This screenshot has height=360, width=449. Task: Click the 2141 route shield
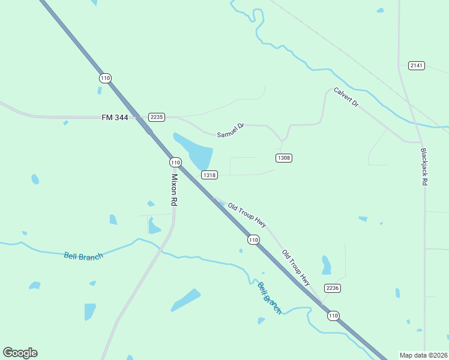pos(416,65)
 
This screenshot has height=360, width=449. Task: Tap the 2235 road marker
pos(157,117)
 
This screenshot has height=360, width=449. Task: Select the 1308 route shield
pos(284,158)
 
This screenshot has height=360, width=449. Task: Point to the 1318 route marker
pos(209,175)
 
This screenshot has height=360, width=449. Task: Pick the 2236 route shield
pos(333,288)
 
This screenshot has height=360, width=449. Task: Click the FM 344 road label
pos(115,118)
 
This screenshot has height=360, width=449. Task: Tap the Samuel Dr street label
pos(231,131)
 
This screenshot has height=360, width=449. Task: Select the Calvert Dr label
pos(346,98)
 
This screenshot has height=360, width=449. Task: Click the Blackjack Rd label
pos(424,166)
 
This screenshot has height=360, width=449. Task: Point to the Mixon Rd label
pos(174,191)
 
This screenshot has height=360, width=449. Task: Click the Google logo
pos(20,353)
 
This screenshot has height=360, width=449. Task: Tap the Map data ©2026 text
pos(423,355)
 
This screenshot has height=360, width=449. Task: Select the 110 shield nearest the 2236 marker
pos(333,315)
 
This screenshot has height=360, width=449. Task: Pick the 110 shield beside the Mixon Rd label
pos(175,163)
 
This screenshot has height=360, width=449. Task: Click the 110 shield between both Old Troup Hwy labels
pos(253,239)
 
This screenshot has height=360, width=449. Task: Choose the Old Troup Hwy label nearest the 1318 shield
pos(247,215)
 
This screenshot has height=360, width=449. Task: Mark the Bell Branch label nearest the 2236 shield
pos(270,298)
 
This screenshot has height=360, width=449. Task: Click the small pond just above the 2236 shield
pos(326,265)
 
